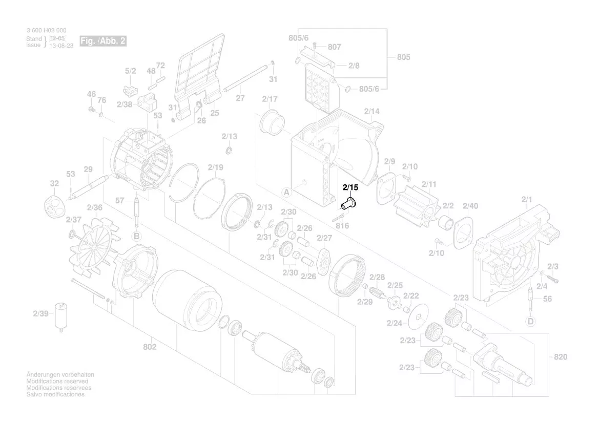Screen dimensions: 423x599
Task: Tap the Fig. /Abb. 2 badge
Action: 102,41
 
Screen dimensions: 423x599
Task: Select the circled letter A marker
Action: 286,193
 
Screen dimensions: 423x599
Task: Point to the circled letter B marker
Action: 136,236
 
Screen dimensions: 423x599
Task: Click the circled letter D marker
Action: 530,321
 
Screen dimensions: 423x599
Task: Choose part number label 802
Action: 150,347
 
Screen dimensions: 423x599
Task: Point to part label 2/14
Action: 371,111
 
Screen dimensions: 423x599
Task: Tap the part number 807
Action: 334,47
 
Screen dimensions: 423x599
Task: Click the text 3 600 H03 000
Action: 46,31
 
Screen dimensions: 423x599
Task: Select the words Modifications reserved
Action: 57,382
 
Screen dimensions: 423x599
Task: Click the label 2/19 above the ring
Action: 216,167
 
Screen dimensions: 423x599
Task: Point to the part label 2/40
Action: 470,206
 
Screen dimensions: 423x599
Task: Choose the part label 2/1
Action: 527,199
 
